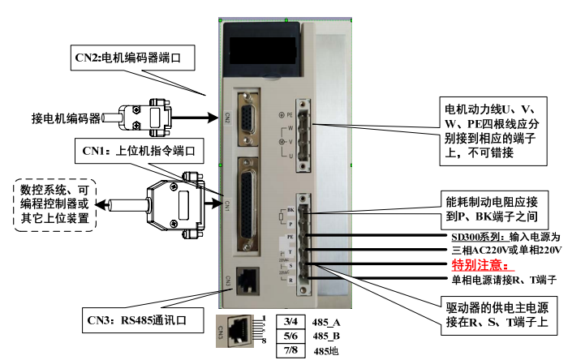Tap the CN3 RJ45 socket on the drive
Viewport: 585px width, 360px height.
(x=246, y=278)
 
